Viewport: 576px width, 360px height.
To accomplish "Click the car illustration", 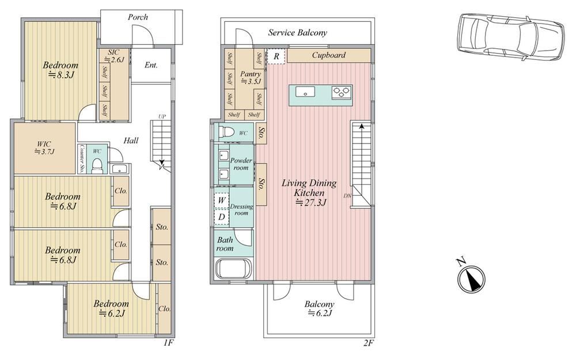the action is pyautogui.click(x=510, y=37).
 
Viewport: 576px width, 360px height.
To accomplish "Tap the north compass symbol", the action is pyautogui.click(x=471, y=278).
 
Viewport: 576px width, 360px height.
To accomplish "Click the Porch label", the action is pyautogui.click(x=138, y=17).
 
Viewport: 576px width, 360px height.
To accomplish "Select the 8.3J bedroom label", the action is pyautogui.click(x=60, y=70).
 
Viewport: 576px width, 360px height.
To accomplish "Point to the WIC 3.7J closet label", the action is pyautogui.click(x=44, y=147).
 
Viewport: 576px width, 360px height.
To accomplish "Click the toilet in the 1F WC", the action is pyautogui.click(x=97, y=166).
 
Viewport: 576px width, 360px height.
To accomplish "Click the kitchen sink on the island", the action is pyautogui.click(x=305, y=91).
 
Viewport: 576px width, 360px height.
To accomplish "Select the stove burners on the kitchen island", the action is pyautogui.click(x=342, y=92).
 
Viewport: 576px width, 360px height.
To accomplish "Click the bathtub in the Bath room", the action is pyautogui.click(x=234, y=269).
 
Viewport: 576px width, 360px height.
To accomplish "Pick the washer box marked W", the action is pyautogui.click(x=222, y=200).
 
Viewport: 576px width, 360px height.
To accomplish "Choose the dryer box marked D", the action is pyautogui.click(x=222, y=217).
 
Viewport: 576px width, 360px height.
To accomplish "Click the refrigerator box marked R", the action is pyautogui.click(x=276, y=56).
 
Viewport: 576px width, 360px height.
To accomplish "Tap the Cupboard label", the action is pyautogui.click(x=329, y=55).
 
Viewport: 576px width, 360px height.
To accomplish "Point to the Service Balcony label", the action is pyautogui.click(x=298, y=33).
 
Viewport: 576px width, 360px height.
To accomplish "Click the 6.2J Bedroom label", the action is pyautogui.click(x=111, y=309).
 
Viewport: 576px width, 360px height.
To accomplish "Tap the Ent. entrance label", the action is pyautogui.click(x=151, y=66).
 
